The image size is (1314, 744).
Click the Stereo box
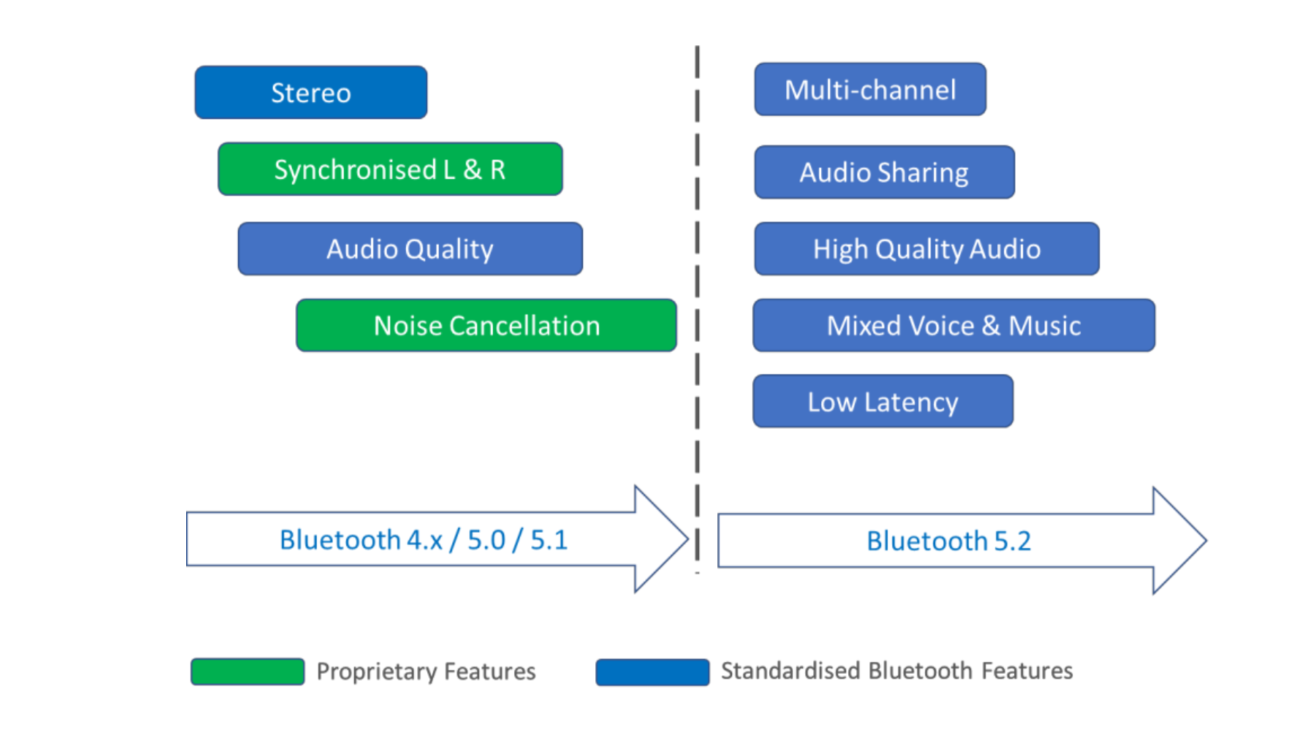click(311, 93)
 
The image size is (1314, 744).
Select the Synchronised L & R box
click(390, 170)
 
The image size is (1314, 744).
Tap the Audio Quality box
click(410, 249)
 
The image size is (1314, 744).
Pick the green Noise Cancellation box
click(486, 326)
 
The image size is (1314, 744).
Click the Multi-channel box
click(870, 90)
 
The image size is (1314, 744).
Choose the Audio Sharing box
click(884, 172)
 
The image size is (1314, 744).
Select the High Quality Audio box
click(926, 249)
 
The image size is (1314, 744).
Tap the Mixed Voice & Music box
click(953, 326)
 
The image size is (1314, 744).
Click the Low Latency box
click(882, 402)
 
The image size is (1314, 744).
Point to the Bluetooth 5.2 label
click(948, 541)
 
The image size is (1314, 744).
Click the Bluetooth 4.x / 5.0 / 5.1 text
click(423, 540)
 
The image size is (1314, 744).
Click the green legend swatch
click(247, 671)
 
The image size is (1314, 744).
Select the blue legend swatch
click(652, 672)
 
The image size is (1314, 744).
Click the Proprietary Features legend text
click(425, 671)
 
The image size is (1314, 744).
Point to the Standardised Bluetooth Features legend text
click(896, 671)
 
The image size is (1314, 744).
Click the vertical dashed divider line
click(697, 285)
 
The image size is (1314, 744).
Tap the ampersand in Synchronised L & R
click(472, 170)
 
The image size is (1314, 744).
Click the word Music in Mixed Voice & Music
click(1044, 326)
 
